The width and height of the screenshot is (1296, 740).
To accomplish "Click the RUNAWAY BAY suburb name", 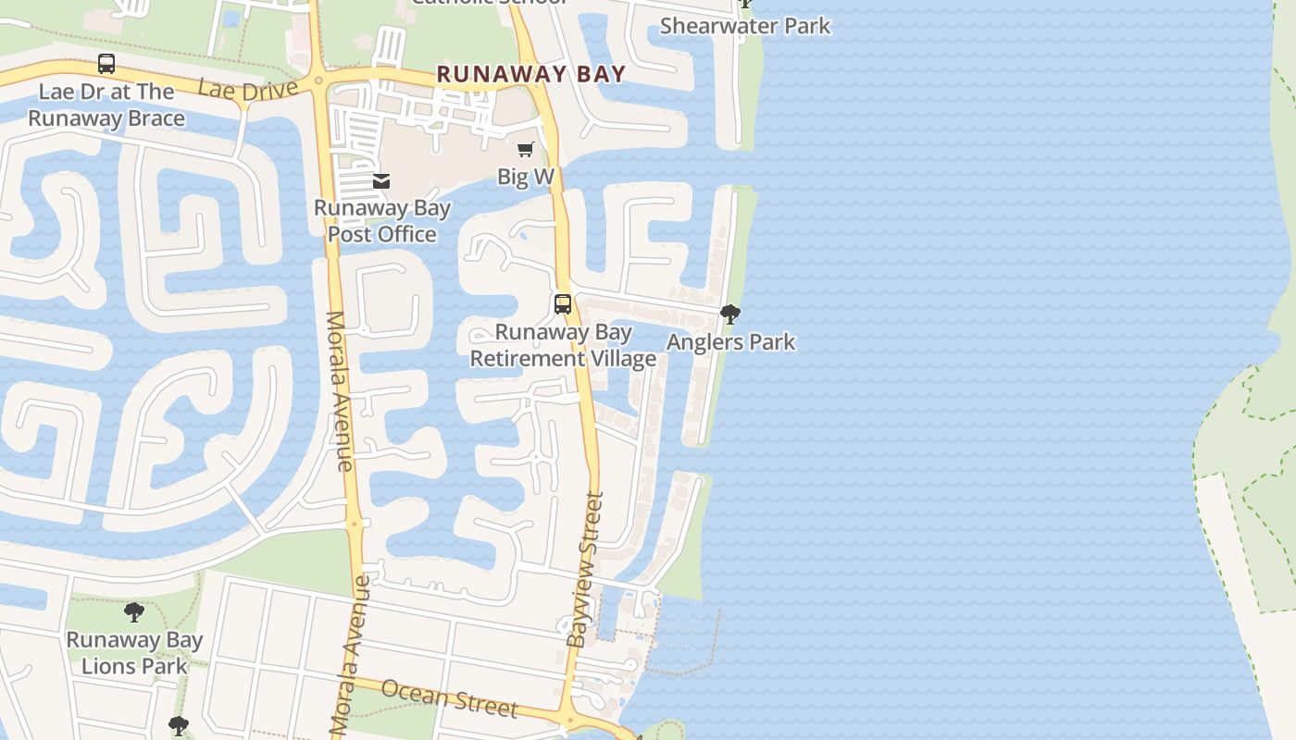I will click(531, 74).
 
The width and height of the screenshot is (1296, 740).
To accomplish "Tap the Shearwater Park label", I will click(745, 26).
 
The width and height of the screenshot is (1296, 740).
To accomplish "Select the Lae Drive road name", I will click(248, 90).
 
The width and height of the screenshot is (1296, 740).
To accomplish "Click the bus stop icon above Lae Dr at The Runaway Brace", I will click(106, 64).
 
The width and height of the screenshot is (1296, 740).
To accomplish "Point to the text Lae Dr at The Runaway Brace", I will click(106, 105).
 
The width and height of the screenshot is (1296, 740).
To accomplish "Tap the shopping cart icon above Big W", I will click(526, 149).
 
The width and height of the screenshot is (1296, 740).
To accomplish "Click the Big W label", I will click(526, 177).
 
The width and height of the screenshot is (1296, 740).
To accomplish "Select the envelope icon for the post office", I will click(381, 181).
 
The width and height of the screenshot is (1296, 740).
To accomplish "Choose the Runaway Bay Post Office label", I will click(382, 221).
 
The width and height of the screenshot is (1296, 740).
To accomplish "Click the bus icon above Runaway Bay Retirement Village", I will click(562, 303).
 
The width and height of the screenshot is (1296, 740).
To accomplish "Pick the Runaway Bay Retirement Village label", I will click(563, 345).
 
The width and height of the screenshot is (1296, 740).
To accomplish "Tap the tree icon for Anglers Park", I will click(730, 314).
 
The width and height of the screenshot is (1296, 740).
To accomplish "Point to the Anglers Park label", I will click(730, 342).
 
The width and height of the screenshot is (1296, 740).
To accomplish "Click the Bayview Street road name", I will click(585, 569).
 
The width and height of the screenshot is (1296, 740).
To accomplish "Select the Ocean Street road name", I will click(449, 697).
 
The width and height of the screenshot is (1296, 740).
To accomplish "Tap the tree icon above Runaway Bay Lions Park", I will click(134, 611).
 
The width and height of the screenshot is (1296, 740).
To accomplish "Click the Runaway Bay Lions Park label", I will click(134, 652).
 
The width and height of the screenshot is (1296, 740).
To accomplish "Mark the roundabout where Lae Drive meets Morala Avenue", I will click(319, 80).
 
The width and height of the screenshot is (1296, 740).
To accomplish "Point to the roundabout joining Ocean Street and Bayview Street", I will click(569, 719).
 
